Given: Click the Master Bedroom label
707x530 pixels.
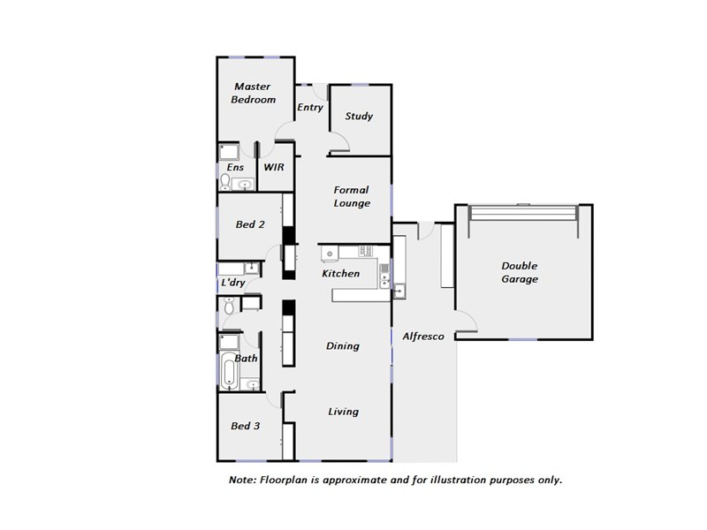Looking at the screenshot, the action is (253, 93).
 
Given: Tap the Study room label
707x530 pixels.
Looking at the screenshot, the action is (359, 117).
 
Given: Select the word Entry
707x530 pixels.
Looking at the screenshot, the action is (310, 107).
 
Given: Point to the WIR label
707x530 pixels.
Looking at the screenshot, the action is (274, 167).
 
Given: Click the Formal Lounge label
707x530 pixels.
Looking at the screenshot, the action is (352, 196).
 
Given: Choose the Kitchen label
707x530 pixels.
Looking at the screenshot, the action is (341, 274).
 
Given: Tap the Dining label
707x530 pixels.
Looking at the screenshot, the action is (343, 346).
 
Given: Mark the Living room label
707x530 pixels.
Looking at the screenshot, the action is (343, 412).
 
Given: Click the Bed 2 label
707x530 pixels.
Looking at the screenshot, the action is (250, 224).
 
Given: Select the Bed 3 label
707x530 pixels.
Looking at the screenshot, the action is (246, 426).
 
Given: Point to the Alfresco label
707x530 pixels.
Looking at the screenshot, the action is (423, 337).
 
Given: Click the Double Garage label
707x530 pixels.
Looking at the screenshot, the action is (520, 272).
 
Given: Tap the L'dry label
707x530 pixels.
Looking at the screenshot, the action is (233, 283).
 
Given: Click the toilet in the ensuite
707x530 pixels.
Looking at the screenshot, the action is (225, 182).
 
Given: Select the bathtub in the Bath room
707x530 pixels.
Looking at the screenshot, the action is (229, 371).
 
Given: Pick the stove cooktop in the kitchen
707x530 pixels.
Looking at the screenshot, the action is (366, 251).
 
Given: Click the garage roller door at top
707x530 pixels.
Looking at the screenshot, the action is (523, 213).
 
